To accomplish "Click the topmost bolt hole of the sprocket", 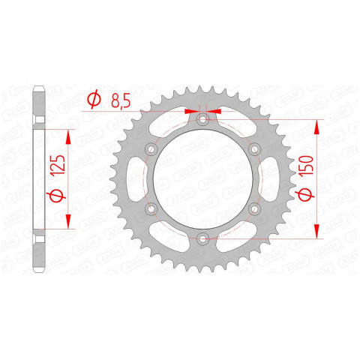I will (x=202, y=120).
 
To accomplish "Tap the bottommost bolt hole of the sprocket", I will (x=202, y=238).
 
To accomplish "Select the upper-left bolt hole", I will (x=151, y=149).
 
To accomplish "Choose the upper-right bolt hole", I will (x=253, y=149).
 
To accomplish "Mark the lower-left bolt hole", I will (x=151, y=208).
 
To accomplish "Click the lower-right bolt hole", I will (x=253, y=208).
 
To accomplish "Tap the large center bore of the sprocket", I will (x=202, y=179).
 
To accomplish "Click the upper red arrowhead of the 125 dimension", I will (x=69, y=135).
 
